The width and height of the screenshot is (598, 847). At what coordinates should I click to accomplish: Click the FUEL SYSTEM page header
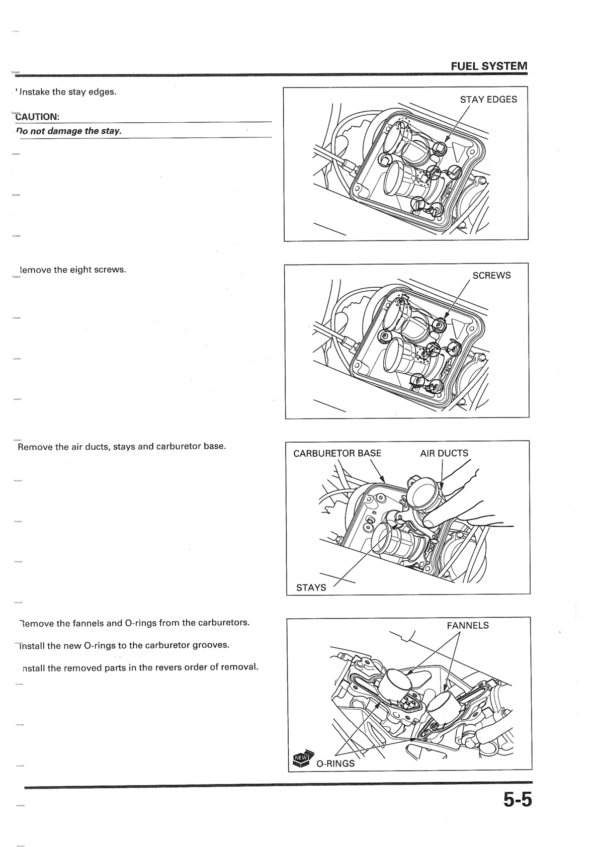coord(489,66)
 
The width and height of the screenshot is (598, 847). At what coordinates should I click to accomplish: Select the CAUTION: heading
coord(38,117)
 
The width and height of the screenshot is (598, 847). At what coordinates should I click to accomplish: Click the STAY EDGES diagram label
coord(488,100)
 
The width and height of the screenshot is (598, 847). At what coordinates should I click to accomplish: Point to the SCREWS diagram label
coord(491,276)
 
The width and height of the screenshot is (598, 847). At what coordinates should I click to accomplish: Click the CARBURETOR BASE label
coord(337,453)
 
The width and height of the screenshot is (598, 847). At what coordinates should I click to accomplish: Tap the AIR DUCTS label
coord(444,453)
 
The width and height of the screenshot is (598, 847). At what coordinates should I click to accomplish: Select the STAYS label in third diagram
coord(311,587)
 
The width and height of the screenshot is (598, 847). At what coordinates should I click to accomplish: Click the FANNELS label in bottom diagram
coord(467,626)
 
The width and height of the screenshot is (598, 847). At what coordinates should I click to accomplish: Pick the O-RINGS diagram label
coord(335,764)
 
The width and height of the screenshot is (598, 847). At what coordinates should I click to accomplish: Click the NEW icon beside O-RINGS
coord(301,759)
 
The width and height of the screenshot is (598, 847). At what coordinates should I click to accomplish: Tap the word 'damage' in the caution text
coord(65,131)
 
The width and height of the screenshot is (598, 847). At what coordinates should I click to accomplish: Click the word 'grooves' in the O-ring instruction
coord(211,645)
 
